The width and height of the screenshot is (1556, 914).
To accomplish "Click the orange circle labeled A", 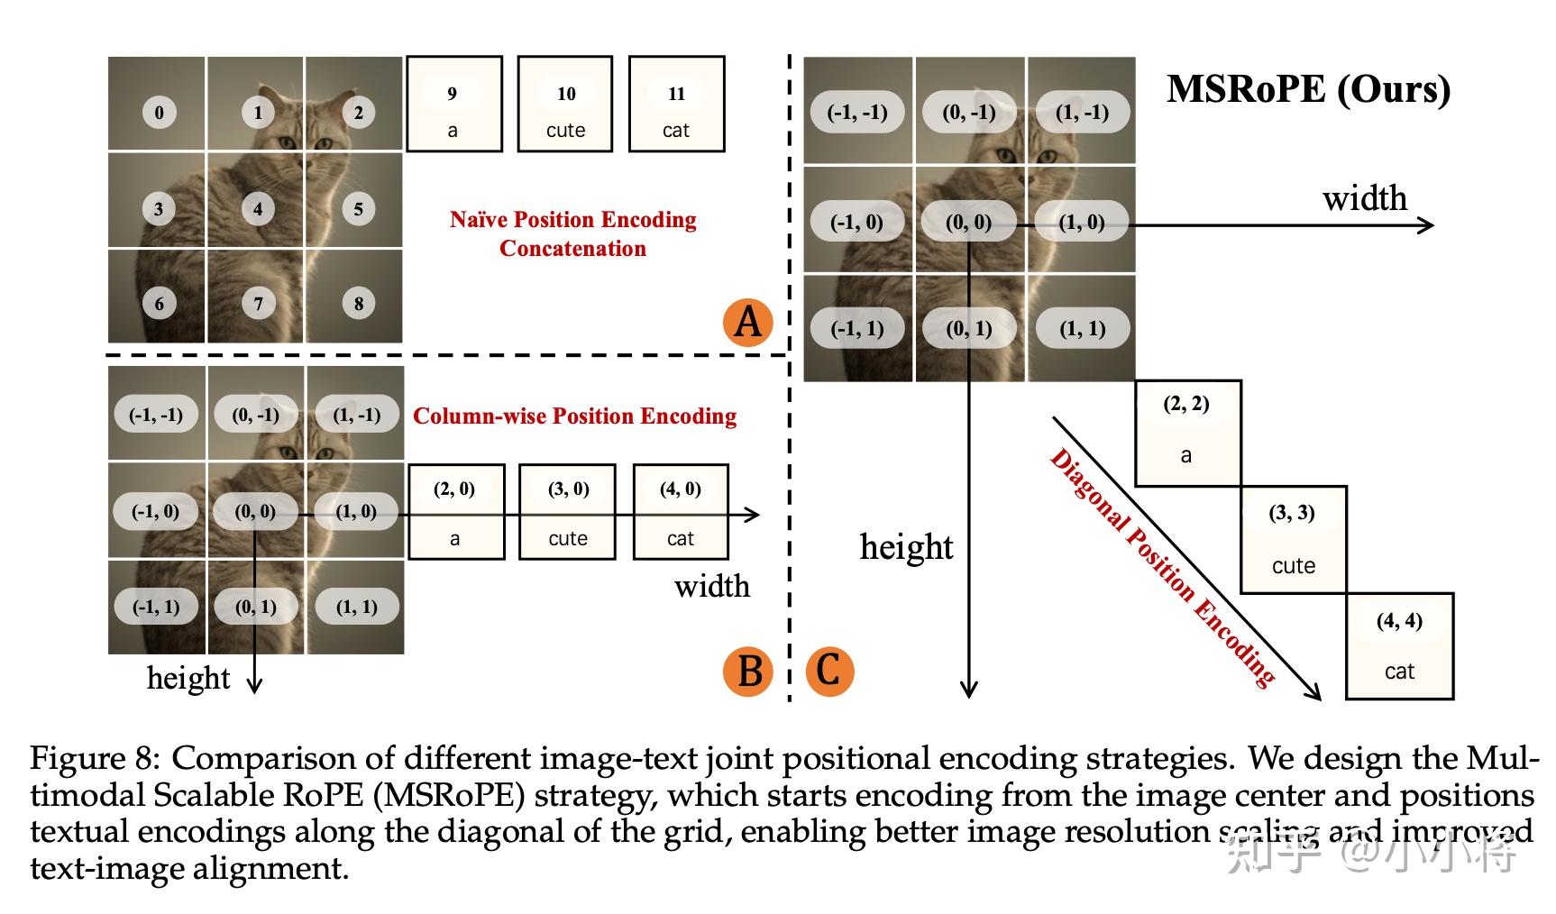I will click(748, 321).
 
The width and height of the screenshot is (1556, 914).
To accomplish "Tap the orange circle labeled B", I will click(748, 672).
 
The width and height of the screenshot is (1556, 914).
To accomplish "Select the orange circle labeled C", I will click(829, 672).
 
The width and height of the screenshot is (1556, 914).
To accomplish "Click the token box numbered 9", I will click(453, 105).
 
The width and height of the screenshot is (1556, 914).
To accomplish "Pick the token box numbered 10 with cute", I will click(565, 105).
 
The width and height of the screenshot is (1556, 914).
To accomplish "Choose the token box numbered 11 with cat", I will click(676, 105).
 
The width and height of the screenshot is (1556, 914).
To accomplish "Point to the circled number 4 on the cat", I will click(258, 209).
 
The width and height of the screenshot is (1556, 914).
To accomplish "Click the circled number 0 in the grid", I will click(160, 113).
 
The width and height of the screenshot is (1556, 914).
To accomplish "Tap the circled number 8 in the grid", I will click(358, 304).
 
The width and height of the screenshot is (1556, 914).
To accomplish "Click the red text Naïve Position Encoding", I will click(572, 220).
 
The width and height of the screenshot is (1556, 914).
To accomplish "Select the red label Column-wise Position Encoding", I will click(574, 416).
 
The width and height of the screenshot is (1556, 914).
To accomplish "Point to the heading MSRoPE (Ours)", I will click(1308, 89).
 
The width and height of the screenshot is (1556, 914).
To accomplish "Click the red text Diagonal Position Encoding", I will click(1163, 568).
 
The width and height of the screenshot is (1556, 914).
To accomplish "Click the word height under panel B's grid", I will click(188, 678).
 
